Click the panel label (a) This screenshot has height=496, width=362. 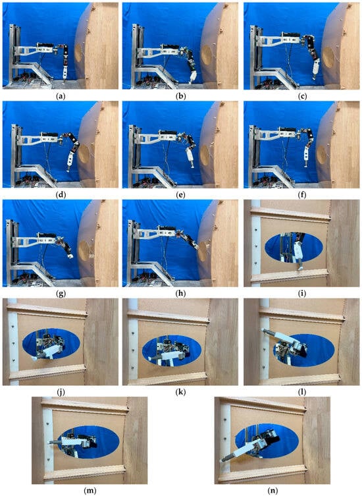point(61,96)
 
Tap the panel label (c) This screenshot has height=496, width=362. point(302,96)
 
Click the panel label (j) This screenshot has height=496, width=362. point(61,392)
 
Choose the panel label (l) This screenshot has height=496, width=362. point(302,392)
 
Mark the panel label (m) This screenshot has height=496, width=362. point(90,491)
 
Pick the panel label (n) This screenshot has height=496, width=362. point(272,491)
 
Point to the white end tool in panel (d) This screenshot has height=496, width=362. point(70,161)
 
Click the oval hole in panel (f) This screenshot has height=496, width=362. point(322,155)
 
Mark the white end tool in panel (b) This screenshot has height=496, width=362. point(193,77)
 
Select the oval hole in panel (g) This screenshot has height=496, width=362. point(84,250)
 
